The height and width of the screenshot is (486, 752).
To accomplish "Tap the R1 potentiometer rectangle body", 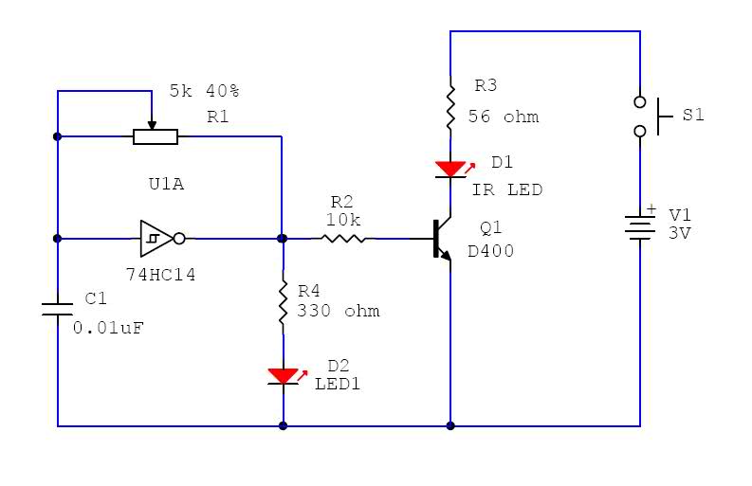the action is point(156,137).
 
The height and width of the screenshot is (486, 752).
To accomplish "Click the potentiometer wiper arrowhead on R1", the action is point(152,125).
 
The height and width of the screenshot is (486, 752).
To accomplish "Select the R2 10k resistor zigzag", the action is point(343,238).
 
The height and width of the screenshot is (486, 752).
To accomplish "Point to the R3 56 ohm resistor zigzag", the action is point(450,108).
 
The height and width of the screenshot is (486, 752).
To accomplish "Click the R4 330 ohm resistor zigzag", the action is point(283,302).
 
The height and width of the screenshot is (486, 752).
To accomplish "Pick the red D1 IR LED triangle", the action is point(449,170).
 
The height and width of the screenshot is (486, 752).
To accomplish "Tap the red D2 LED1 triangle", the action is point(283,376).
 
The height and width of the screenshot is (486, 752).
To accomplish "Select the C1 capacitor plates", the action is point(58,309).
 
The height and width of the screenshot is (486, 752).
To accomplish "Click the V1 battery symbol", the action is point(640,227).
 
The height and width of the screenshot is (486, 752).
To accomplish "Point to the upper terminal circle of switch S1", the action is point(640,101).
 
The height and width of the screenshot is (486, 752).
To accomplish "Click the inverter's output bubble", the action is point(179,238).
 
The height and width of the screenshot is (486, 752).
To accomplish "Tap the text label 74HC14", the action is point(160,275).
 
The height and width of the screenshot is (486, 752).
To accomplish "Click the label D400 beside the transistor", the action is point(490,251).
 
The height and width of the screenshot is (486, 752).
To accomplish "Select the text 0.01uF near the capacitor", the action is point(108,328).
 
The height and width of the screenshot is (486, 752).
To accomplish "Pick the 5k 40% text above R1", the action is point(204,91).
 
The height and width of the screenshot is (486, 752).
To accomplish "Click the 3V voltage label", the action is point(680,233).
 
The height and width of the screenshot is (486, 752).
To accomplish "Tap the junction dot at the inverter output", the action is point(283,238).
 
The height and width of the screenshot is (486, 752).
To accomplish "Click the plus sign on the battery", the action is point(651,209).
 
